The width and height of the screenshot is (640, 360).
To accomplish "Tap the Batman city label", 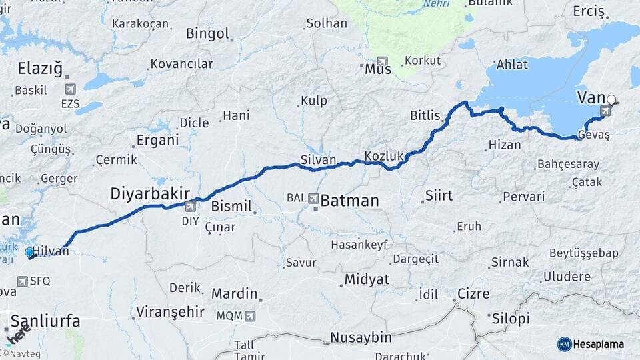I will (349, 200).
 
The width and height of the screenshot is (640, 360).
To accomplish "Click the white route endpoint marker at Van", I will (611, 100).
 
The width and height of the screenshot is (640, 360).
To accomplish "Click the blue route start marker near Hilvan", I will (29, 252).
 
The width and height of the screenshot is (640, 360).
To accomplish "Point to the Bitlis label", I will (425, 115).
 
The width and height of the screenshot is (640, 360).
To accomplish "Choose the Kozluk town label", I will (384, 156).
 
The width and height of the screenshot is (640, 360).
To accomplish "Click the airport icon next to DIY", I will (191, 206).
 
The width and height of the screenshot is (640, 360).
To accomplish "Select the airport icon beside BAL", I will (313, 198).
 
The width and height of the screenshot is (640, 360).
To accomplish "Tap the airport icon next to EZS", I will (70, 89).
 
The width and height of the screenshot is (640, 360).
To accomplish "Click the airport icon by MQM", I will (250, 316).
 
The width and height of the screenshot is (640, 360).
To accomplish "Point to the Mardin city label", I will (234, 293).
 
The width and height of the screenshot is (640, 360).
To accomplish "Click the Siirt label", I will (438, 196).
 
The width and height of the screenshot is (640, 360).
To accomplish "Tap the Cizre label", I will (473, 294).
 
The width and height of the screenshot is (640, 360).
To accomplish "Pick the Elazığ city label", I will (40, 67).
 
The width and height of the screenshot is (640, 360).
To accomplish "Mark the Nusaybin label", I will (361, 337).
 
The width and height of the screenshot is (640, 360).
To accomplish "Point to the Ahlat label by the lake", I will (512, 65).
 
